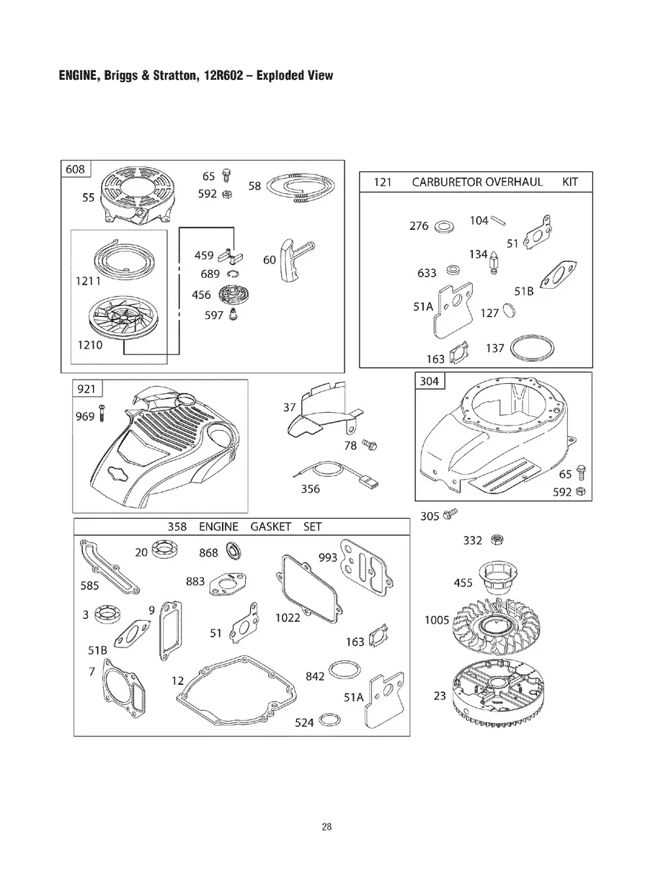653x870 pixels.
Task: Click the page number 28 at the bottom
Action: (x=326, y=827)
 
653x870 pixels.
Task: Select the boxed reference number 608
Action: (x=75, y=170)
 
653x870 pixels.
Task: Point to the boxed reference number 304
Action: (x=429, y=381)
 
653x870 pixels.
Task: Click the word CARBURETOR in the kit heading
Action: (x=447, y=182)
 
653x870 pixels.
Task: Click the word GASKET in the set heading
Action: (x=270, y=527)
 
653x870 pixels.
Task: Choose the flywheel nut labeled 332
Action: (x=496, y=539)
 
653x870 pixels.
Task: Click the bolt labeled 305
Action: (x=452, y=514)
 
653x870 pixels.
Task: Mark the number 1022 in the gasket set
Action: (x=288, y=618)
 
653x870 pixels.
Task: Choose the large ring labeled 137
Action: (x=533, y=349)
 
